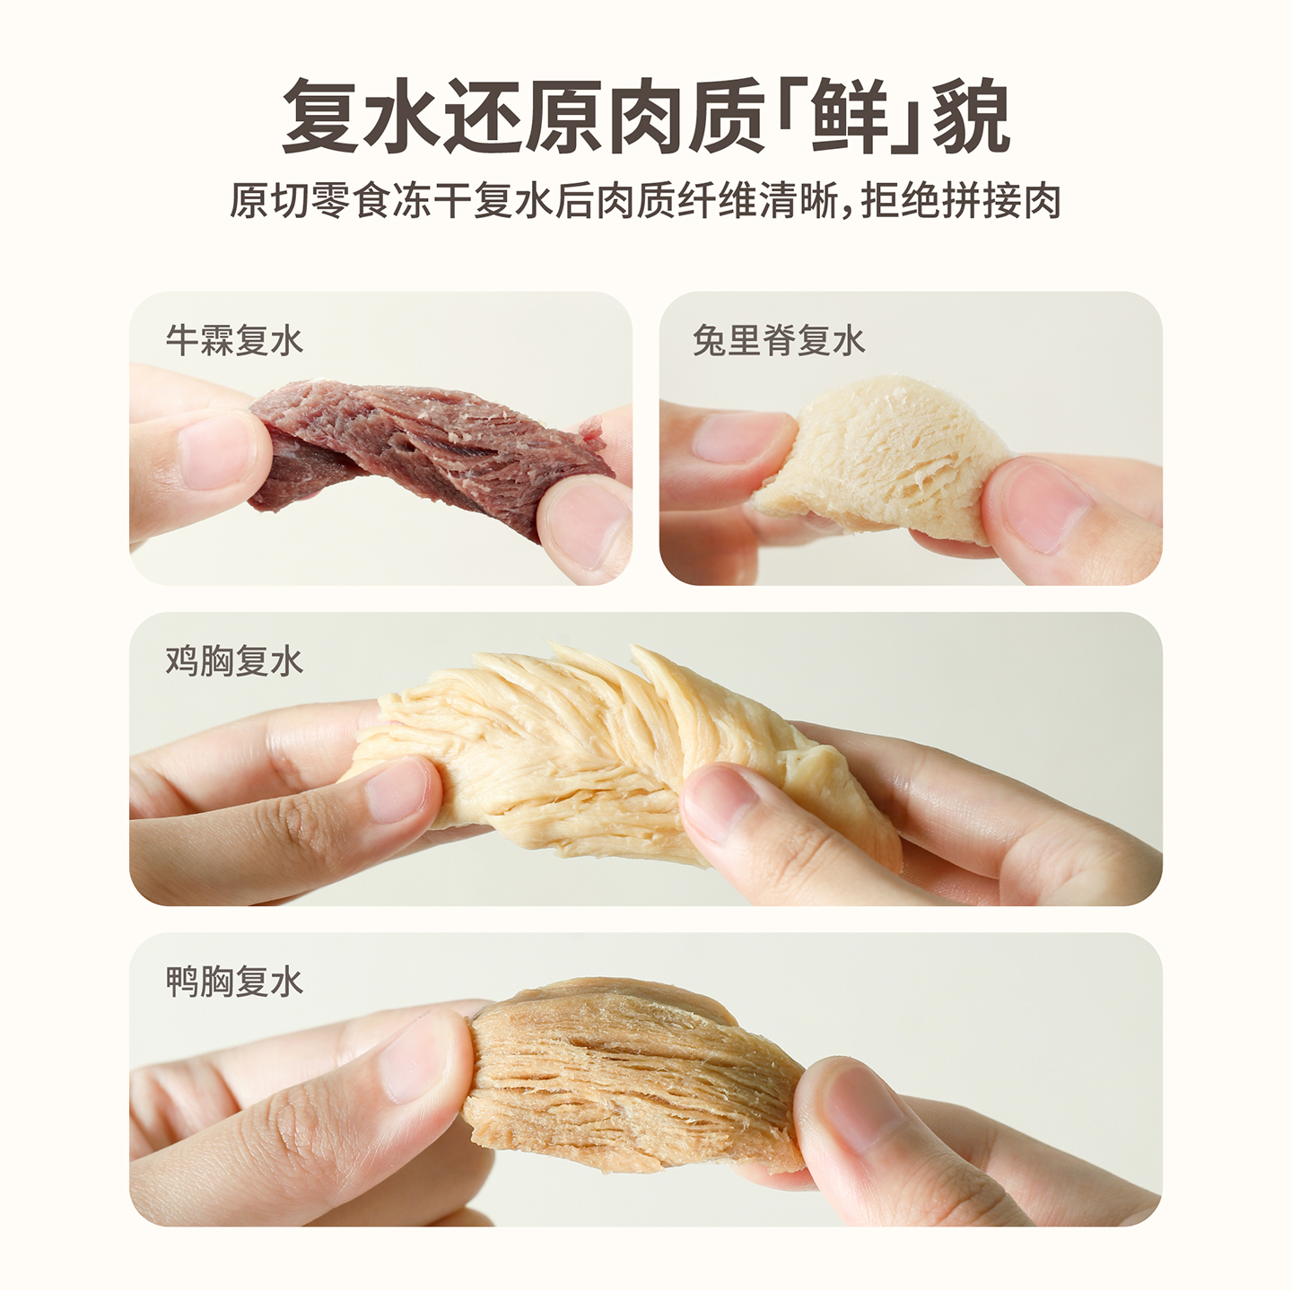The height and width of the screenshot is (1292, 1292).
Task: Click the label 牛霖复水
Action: click(x=234, y=341)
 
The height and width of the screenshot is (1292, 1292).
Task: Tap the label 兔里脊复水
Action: click(x=779, y=341)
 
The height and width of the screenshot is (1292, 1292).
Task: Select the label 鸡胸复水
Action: click(x=234, y=661)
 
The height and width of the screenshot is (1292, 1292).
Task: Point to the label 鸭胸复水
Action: click(x=234, y=982)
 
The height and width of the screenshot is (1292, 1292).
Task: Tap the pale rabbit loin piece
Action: click(x=884, y=458)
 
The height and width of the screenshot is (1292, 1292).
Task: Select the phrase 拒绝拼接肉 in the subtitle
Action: click(x=961, y=201)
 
